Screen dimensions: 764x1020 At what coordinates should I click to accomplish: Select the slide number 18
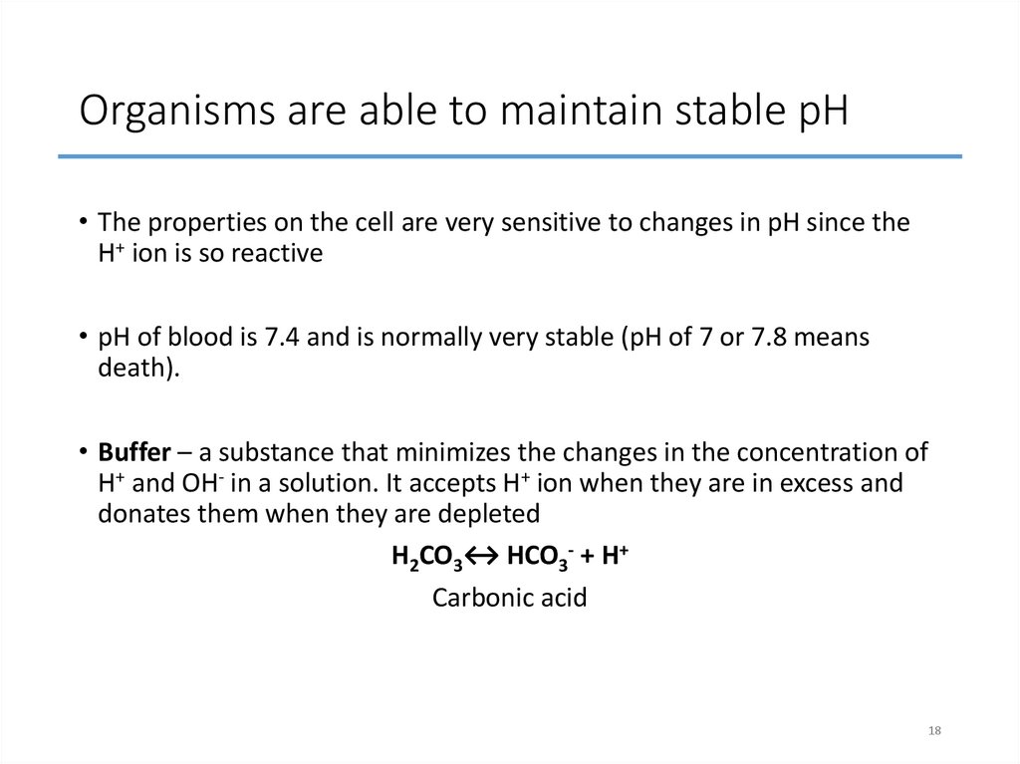coord(933,732)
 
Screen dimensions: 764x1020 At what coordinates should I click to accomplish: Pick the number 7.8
coord(774,338)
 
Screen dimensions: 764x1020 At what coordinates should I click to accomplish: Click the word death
coord(136,369)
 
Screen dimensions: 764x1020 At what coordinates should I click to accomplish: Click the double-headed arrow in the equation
coord(482,556)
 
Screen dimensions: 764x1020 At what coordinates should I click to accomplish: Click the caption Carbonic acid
coord(509,598)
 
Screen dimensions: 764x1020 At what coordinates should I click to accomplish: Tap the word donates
coord(136,513)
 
